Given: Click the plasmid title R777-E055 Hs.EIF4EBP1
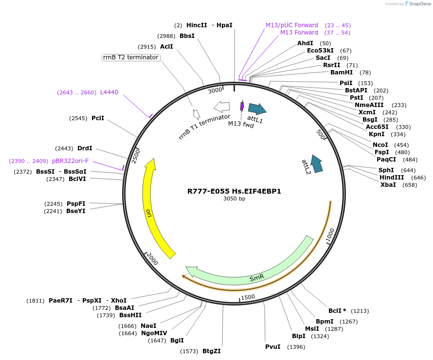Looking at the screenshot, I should (x=234, y=191).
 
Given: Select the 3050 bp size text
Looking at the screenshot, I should (x=234, y=198).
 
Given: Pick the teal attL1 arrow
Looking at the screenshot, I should (x=257, y=108).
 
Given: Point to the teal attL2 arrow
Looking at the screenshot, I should (x=317, y=164).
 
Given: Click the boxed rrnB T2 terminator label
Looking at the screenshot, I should (x=131, y=57).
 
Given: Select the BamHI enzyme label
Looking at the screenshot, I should (x=342, y=72).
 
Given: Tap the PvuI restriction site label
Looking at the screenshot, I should (x=273, y=347).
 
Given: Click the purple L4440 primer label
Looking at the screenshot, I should (x=109, y=92).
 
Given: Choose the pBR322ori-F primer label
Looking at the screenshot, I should (x=71, y=161).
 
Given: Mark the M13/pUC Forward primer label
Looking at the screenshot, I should (x=292, y=25).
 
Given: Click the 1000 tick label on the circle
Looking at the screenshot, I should (x=330, y=236).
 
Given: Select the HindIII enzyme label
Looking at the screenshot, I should (x=392, y=178).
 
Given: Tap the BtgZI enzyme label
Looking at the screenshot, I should (x=212, y=351).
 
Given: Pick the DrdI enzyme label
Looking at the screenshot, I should (x=85, y=148).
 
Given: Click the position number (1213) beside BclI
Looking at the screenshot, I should (x=361, y=311).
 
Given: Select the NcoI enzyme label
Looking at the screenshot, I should (x=380, y=145).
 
